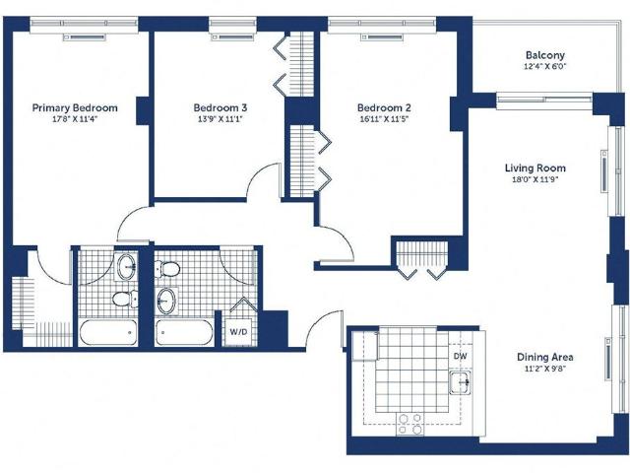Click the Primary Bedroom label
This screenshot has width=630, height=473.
pyautogui.click(x=75, y=107)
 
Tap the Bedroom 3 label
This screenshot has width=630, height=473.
pyautogui.click(x=220, y=107)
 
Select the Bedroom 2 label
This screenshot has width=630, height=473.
pyautogui.click(x=384, y=107)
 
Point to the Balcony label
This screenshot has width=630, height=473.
pyautogui.click(x=545, y=55)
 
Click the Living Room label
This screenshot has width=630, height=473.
pyautogui.click(x=535, y=169)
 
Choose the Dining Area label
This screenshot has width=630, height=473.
pyautogui.click(x=544, y=357)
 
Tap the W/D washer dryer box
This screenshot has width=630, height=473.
pyautogui.click(x=238, y=332)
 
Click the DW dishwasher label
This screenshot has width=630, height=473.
pyautogui.click(x=461, y=356)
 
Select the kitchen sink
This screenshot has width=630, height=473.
pyautogui.click(x=460, y=382)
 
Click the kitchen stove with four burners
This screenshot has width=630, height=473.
pyautogui.click(x=410, y=425)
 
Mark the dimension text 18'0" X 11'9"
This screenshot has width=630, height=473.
pyautogui.click(x=535, y=179)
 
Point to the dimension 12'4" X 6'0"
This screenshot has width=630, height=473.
pyautogui.click(x=544, y=66)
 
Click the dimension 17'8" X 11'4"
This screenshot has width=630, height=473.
pyautogui.click(x=75, y=119)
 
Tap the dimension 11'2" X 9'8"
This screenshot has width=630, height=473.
pyautogui.click(x=545, y=369)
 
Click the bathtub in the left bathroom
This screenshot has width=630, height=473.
pyautogui.click(x=108, y=332)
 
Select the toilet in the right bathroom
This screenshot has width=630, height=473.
pyautogui.click(x=167, y=269)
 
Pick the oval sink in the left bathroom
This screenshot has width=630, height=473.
pyautogui.click(x=127, y=266)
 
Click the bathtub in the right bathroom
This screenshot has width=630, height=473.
pyautogui.click(x=184, y=332)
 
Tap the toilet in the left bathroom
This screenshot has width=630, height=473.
pyautogui.click(x=125, y=299)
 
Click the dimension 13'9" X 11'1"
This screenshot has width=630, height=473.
pyautogui.click(x=220, y=119)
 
